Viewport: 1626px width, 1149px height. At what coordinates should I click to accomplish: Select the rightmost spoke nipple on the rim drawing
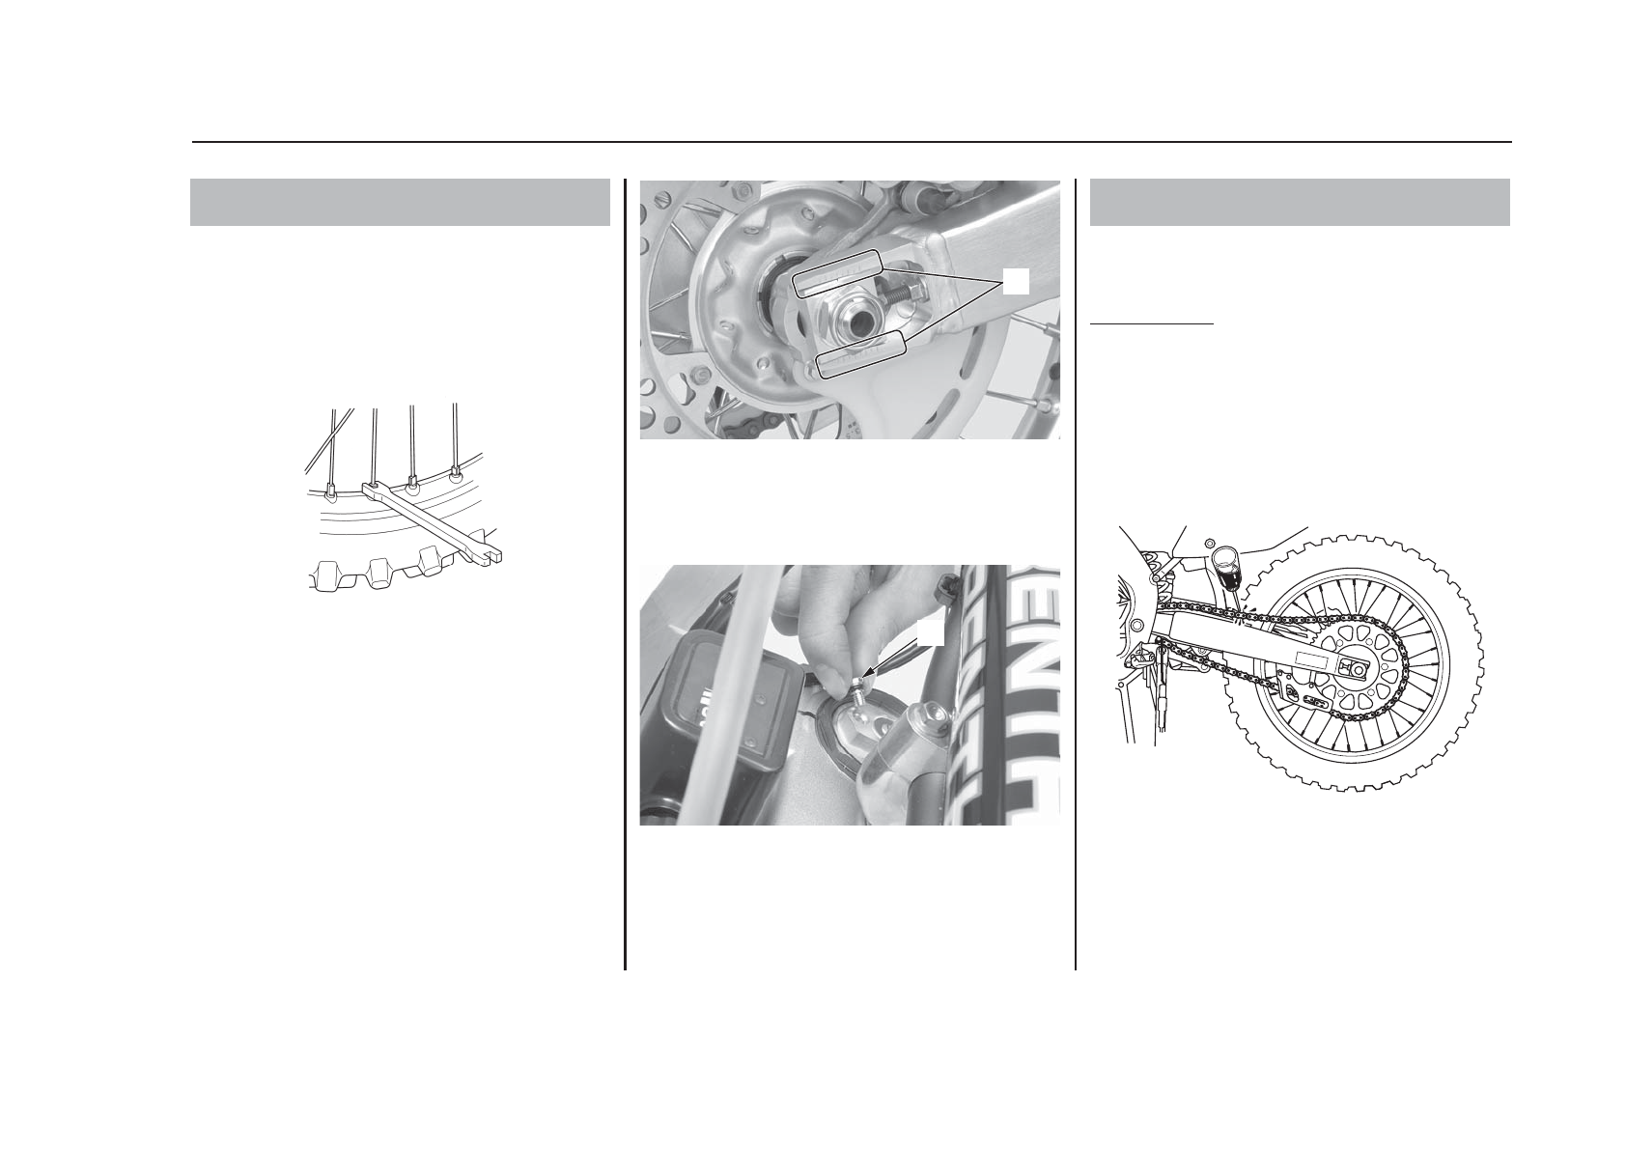(x=456, y=474)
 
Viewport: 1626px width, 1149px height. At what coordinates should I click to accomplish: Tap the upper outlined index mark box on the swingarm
(x=836, y=272)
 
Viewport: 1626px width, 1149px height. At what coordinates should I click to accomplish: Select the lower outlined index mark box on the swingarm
(x=861, y=353)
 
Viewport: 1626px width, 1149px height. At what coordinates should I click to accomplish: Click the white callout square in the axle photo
(x=1015, y=281)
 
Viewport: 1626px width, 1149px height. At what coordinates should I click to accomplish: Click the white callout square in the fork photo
(x=929, y=631)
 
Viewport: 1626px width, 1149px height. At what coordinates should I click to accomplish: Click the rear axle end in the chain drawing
(x=1359, y=669)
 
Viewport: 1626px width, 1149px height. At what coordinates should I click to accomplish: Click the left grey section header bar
(x=400, y=202)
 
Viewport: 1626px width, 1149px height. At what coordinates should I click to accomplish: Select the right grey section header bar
(x=1300, y=202)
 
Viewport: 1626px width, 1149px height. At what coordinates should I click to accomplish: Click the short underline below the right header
(x=1151, y=324)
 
